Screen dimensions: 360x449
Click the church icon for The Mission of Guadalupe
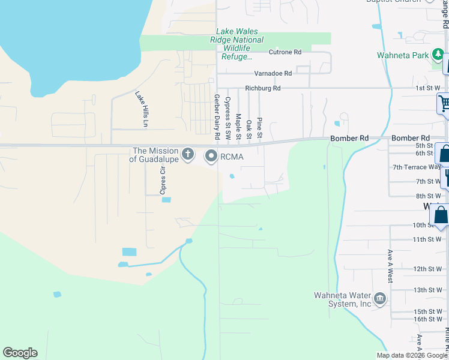188,155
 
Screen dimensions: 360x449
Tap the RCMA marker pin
211,157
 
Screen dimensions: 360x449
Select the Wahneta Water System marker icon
379,299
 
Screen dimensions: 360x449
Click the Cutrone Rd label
285,53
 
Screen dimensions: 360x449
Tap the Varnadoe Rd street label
273,73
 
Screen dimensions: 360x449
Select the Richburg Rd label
263,89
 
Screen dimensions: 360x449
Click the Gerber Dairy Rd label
217,113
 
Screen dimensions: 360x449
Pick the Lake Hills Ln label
141,109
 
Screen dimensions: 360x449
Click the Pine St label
259,127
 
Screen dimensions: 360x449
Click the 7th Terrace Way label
417,167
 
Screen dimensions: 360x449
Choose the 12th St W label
427,269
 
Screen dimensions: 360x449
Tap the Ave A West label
390,266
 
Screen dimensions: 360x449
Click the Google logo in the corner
20,353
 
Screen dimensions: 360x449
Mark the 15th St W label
427,311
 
